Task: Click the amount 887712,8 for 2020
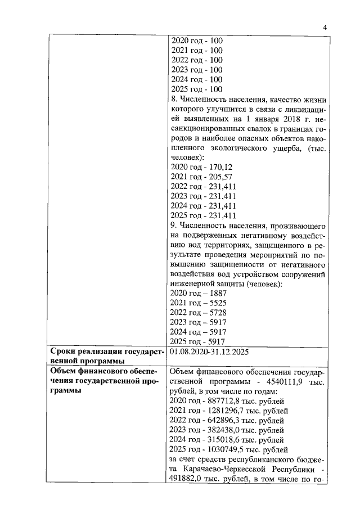224,400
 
